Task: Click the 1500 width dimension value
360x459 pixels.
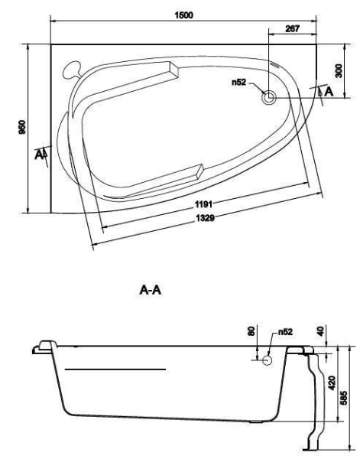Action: click(184, 15)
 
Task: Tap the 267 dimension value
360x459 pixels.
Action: click(292, 28)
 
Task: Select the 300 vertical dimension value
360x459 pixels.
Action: click(339, 71)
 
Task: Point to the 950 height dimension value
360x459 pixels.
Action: click(22, 127)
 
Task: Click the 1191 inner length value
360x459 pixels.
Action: click(205, 204)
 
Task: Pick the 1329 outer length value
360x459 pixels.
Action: click(205, 218)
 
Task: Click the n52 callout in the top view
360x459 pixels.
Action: click(239, 83)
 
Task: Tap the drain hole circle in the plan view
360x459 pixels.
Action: click(269, 97)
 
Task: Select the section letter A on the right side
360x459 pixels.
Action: click(329, 92)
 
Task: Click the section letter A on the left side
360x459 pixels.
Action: click(38, 155)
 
